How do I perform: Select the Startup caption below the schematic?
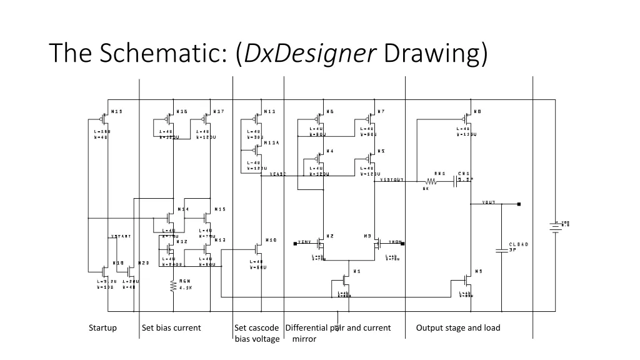click(x=102, y=327)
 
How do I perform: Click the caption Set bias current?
click(x=171, y=327)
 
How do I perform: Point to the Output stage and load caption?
click(x=458, y=327)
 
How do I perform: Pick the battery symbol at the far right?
click(x=554, y=228)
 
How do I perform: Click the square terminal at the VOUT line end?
click(x=519, y=204)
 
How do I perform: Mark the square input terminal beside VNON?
click(x=404, y=241)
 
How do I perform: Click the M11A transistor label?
click(x=271, y=143)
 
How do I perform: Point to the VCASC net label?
click(x=277, y=174)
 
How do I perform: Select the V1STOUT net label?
click(x=392, y=180)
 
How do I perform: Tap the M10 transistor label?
click(x=271, y=239)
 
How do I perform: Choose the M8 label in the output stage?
click(x=477, y=112)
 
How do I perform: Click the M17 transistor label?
click(x=219, y=112)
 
